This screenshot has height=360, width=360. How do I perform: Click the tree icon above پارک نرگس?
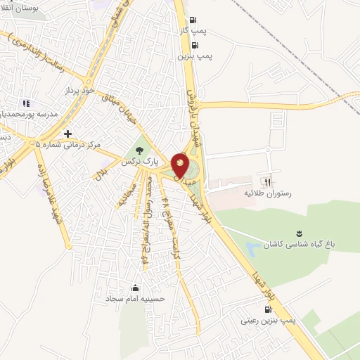139,149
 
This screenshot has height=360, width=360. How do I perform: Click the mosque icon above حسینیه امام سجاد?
136,287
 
